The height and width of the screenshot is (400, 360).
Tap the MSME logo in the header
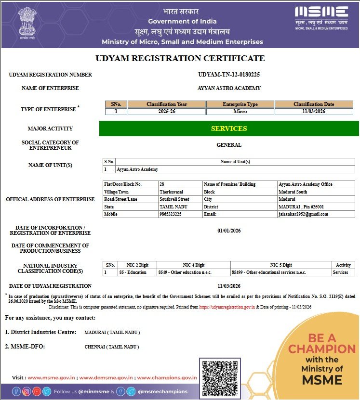pos(321,17)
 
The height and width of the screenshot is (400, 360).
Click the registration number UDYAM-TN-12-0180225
pos(229,75)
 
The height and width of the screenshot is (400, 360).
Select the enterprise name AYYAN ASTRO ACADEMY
pos(229,88)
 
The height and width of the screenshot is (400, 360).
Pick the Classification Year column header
pos(167,104)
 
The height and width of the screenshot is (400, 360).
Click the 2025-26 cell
pos(167,112)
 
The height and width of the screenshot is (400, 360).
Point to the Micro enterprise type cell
pos(240,112)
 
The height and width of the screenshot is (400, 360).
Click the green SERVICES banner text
pos(229,129)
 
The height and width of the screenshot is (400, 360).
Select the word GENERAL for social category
pos(229,145)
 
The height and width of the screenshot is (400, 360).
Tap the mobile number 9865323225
pos(171,214)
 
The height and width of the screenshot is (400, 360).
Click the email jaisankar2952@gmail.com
pos(303,214)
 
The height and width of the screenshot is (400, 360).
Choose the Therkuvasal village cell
pos(171,192)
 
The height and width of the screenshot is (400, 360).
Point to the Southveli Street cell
pos(174,199)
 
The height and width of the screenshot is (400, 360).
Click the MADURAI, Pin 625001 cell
pos(301,206)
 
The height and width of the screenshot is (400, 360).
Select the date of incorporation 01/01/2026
pos(229,231)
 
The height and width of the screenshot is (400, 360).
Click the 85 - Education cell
pos(133,272)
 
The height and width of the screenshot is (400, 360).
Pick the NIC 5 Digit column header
pos(281,265)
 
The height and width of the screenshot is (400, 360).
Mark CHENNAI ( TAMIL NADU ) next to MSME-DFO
pos(112,347)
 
